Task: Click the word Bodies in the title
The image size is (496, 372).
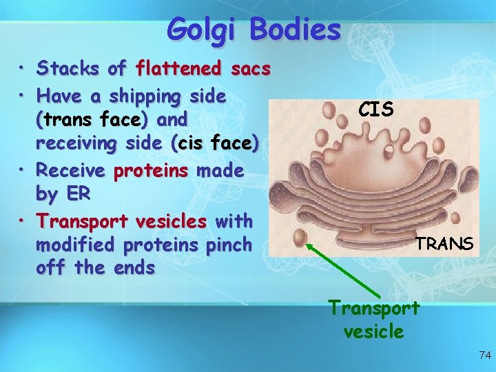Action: [296, 30]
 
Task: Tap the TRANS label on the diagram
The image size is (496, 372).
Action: [444, 243]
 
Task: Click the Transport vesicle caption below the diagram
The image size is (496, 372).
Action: [373, 318]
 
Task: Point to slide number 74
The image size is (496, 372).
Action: [484, 355]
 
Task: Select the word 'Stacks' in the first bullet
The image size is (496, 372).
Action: [67, 68]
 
